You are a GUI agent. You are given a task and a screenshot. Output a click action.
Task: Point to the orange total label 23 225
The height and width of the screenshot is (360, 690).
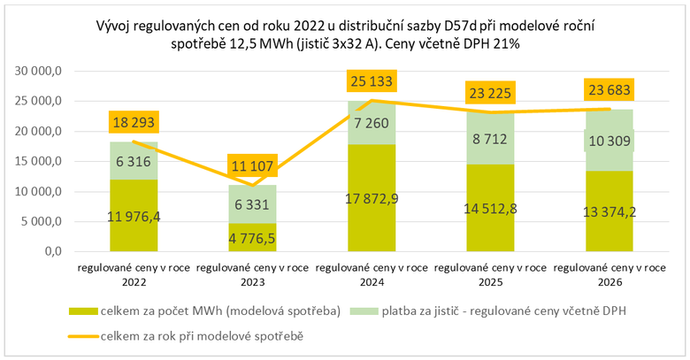[489, 92]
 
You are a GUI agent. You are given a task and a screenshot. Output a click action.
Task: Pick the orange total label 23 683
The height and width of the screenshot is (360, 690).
[609, 91]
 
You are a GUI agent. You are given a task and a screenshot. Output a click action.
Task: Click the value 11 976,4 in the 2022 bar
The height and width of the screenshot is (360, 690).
[134, 216]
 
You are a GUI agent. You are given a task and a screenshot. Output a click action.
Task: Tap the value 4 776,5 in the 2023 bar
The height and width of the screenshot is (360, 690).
[253, 237]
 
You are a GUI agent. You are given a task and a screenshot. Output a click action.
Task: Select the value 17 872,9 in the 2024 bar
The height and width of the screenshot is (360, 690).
[372, 198]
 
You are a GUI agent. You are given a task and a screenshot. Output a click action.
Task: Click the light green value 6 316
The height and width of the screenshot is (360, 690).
[134, 161]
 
